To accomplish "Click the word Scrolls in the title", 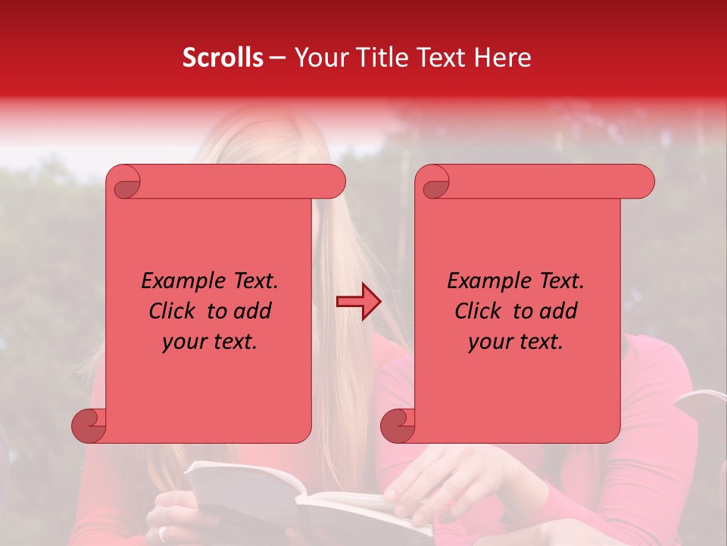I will tap(223, 58).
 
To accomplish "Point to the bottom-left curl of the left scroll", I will tap(89, 425).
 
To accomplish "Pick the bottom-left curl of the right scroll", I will tap(398, 425).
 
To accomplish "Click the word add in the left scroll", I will tap(252, 311).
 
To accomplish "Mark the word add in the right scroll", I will tap(558, 311).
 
